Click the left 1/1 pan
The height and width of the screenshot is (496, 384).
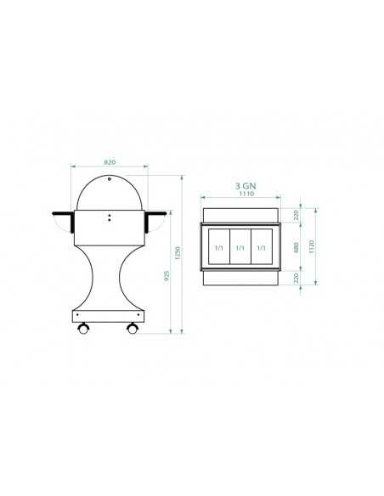[218, 248]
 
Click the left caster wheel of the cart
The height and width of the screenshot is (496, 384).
[83, 327]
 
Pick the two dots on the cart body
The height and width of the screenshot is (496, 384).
[109, 218]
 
